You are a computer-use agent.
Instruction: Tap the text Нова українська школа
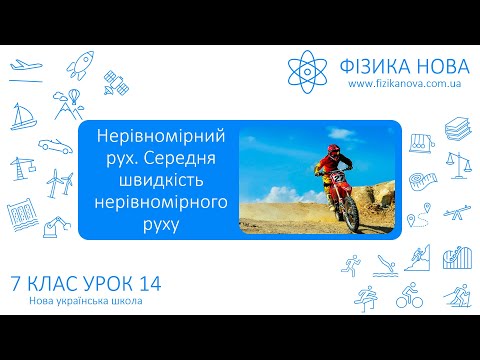79,303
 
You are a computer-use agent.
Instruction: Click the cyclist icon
409,297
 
